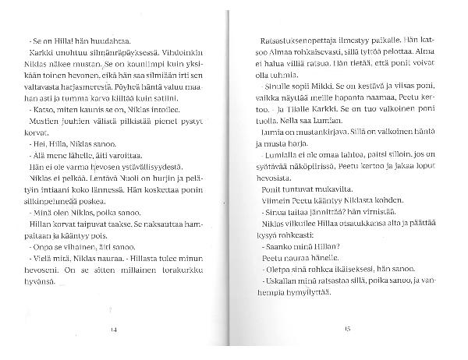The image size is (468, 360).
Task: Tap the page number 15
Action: [348, 330]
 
